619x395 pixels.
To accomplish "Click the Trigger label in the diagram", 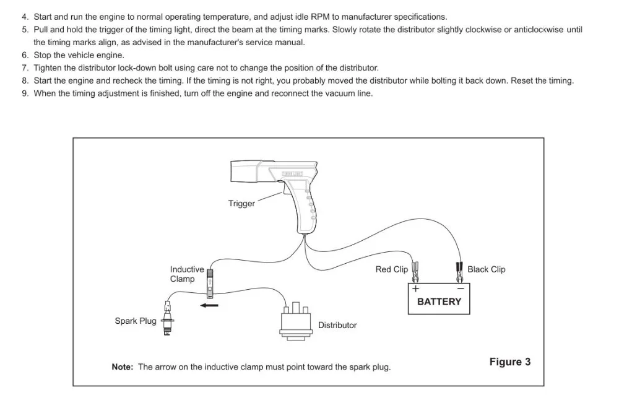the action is click(x=241, y=204).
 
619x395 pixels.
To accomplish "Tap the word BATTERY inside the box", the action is click(x=439, y=302).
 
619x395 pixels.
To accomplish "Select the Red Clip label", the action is click(x=392, y=269).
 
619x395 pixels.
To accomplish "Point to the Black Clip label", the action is click(x=487, y=269).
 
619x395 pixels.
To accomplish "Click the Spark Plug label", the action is click(x=136, y=321).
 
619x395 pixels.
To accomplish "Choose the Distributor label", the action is click(x=337, y=325).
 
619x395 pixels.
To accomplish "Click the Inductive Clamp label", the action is click(x=187, y=274).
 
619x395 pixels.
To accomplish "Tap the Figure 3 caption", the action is click(x=510, y=362).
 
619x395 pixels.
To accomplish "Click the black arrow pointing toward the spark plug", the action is click(x=209, y=305).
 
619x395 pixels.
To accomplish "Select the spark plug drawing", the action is click(x=168, y=318).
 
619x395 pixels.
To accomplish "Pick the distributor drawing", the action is click(x=296, y=321).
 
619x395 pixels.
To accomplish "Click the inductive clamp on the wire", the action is click(x=210, y=284).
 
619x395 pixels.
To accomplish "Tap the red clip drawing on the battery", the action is click(x=415, y=272).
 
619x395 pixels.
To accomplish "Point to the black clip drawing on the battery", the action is click(x=459, y=272).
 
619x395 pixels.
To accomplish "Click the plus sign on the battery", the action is click(x=415, y=289).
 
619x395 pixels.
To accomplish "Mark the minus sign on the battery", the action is click(x=461, y=289).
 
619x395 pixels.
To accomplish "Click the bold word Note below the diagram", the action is click(x=123, y=367).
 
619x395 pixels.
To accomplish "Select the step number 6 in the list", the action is click(x=25, y=55).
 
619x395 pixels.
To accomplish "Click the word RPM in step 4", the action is click(x=320, y=17).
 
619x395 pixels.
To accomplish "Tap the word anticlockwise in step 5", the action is click(x=539, y=30).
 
